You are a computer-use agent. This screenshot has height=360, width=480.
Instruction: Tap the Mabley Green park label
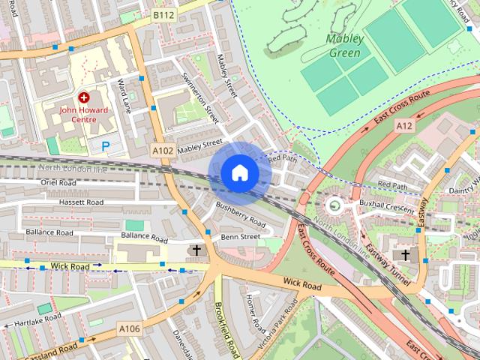point(344,46)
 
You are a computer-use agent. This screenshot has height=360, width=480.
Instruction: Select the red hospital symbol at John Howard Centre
point(83,97)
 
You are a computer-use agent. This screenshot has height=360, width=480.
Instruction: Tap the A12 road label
point(404,126)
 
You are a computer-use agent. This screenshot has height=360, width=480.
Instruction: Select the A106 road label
point(128,328)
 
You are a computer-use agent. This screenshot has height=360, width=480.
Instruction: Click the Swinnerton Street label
point(199,98)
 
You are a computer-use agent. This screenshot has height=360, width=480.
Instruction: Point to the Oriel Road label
point(59,182)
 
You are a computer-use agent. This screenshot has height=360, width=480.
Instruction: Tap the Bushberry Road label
point(240,214)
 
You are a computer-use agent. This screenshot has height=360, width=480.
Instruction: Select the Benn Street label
point(240,237)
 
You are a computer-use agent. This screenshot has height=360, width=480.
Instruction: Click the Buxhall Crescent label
point(386,205)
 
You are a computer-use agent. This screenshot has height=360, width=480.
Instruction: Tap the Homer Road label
point(256,313)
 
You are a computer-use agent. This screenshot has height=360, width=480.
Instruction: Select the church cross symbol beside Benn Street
point(197,250)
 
